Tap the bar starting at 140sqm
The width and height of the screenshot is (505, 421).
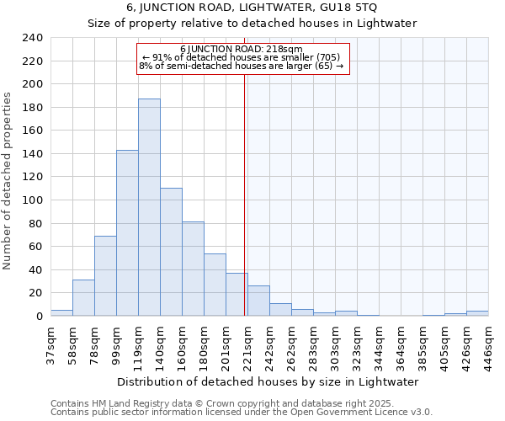pos(171,252)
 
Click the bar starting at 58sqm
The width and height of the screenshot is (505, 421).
pos(83,298)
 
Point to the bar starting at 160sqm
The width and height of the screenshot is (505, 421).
pos(193,269)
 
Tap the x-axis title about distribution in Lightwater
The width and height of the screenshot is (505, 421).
pos(268,381)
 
